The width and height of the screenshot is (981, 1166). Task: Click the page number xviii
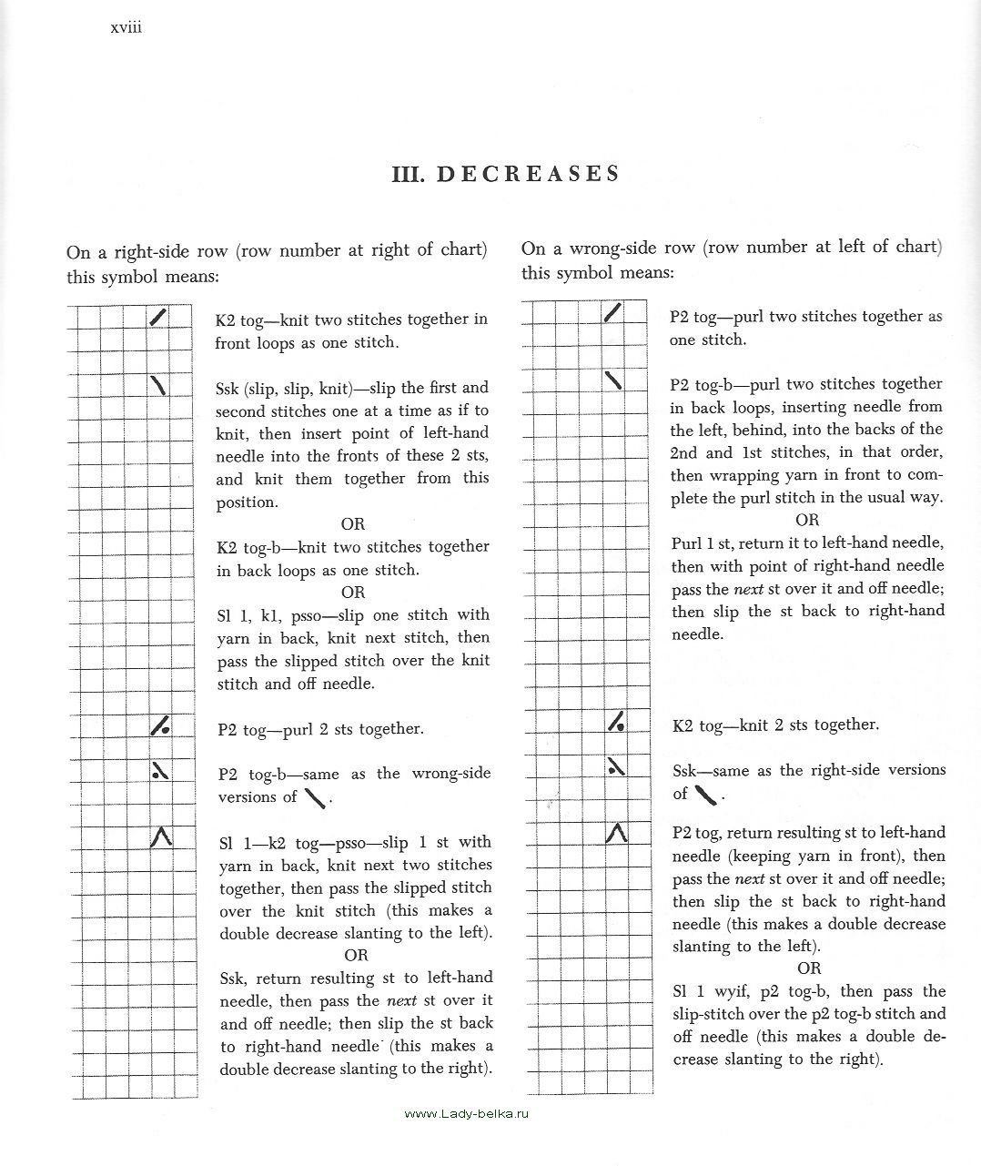pos(126,28)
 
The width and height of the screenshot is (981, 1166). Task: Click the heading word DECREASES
pos(529,174)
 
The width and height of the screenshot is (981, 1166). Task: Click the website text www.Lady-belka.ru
pos(466,1114)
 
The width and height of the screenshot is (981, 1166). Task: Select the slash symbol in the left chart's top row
pos(159,317)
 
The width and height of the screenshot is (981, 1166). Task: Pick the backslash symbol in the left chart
pos(159,385)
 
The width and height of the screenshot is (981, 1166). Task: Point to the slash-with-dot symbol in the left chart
pos(160,726)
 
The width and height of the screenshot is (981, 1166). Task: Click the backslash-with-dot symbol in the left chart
pos(160,772)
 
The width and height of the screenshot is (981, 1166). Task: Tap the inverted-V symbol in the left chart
pos(160,836)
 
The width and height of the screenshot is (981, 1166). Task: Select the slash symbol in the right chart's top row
pos(613,313)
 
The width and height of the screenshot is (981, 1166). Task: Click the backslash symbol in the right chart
pos(614,380)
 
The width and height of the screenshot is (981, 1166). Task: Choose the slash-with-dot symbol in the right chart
pos(617,723)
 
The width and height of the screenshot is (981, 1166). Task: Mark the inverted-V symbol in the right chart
pos(617,832)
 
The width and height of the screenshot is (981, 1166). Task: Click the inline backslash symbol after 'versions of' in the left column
pos(316,798)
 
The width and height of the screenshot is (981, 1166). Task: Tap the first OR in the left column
pos(352,524)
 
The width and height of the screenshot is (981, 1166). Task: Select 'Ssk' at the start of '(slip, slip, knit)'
pos(228,389)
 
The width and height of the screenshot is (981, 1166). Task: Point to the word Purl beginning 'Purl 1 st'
pos(687,542)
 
